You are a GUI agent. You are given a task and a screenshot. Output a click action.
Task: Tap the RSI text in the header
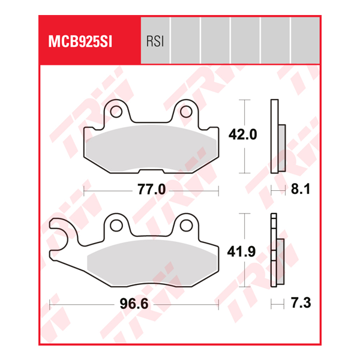point(155,41)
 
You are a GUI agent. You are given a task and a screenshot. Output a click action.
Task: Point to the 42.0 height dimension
point(242,135)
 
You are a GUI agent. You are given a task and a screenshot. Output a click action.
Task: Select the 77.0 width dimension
point(151,190)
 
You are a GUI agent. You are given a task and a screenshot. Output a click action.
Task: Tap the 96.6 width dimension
point(133,305)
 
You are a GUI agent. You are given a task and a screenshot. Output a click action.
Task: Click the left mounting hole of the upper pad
point(118,112)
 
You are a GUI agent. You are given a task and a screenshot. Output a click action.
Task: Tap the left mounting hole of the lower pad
point(117,226)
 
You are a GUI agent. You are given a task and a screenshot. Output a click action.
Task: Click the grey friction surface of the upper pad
point(151,147)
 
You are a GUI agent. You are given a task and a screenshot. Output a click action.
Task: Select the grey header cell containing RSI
point(155,41)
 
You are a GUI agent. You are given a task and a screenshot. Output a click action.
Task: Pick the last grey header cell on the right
point(305,41)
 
